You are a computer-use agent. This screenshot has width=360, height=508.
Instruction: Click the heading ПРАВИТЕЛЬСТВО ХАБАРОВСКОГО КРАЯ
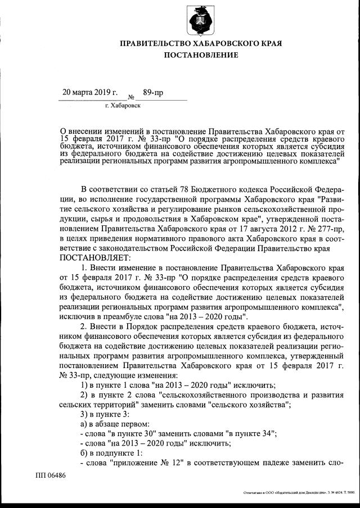point(200,43)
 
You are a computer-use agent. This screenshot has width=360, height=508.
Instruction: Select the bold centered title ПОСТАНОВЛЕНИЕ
point(200,55)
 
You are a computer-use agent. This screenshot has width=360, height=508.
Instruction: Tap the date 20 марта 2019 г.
point(90,92)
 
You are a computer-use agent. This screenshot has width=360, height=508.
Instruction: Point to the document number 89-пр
point(153,92)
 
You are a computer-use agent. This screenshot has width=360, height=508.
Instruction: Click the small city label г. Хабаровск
point(123,105)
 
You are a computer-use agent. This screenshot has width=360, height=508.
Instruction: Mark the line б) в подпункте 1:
point(111,453)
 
